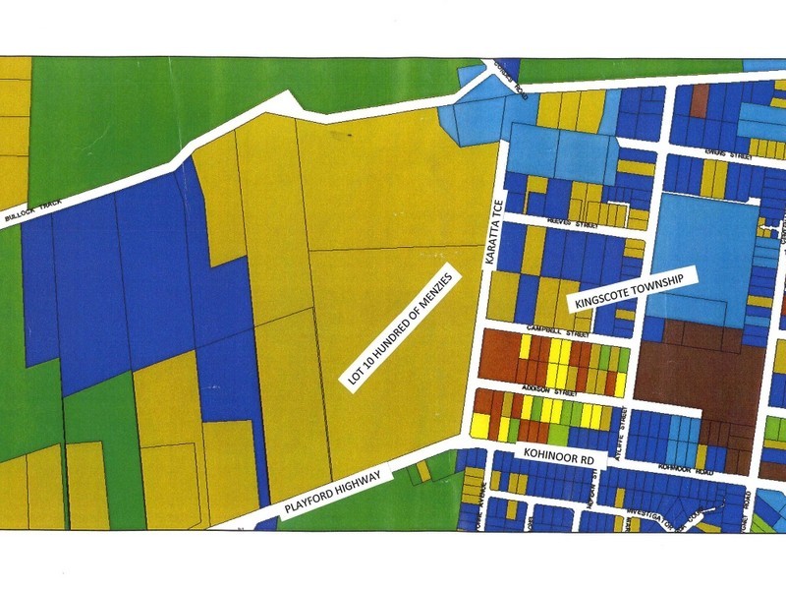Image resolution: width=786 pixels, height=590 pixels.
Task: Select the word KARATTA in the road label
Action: click(x=495, y=224)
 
